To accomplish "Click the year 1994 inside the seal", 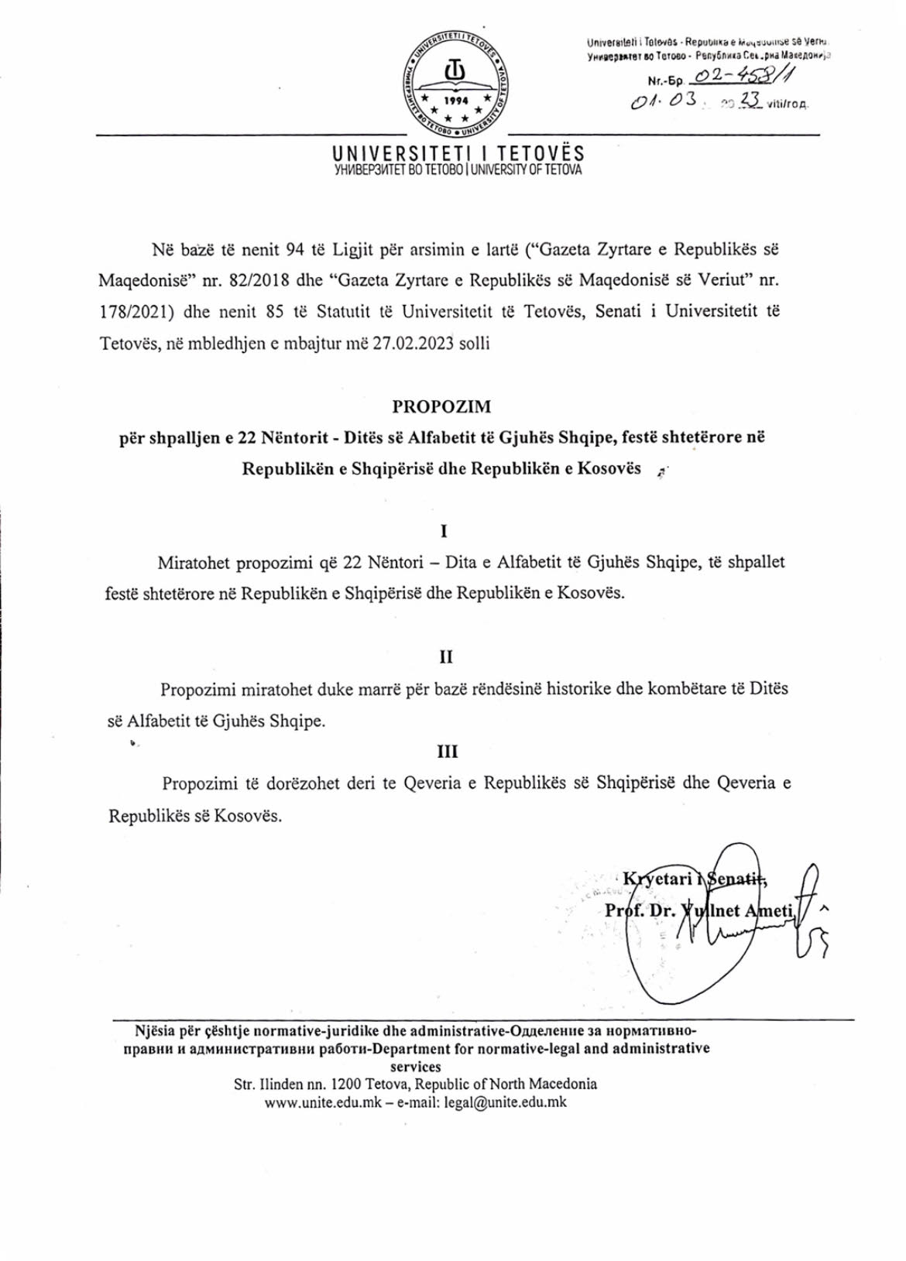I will (456, 101).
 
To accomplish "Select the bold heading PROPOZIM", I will (441, 406).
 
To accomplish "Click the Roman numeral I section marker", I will (444, 531).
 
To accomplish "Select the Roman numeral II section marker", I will (446, 657).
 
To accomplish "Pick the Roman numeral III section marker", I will (448, 751).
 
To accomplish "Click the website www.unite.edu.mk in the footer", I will (323, 1102).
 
